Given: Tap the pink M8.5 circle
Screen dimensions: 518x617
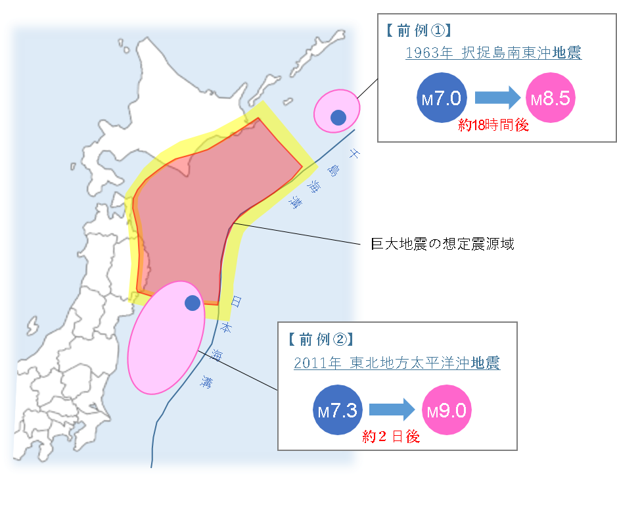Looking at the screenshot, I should pos(552,99).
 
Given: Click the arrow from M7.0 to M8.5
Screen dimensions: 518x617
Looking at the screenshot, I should pos(497,99).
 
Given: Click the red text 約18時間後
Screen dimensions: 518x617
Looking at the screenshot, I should pos(493,125).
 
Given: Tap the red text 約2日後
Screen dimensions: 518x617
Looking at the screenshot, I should pos(391,436).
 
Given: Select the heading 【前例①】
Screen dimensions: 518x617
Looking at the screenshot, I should pos(417,31).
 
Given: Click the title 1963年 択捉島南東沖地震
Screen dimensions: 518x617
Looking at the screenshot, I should pos(493,53).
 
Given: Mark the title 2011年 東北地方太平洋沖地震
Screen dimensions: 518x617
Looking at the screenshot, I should pos(397,363).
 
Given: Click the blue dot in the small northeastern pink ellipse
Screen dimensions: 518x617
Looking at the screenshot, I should pos(338,117).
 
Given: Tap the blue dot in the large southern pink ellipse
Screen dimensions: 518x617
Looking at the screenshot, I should pos(192,303).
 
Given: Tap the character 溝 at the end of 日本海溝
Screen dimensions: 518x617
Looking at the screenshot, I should pos(208,380).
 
